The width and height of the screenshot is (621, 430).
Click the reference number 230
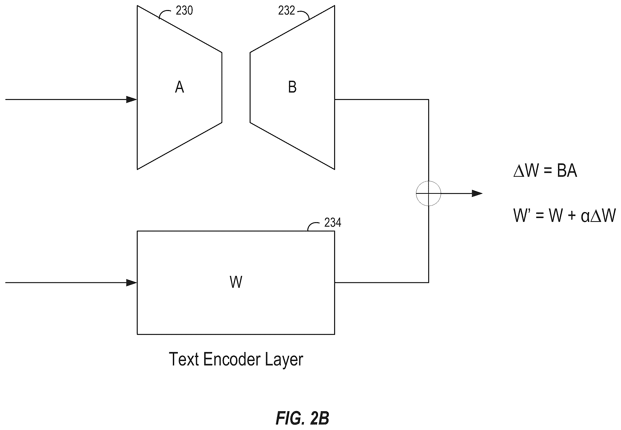click(x=184, y=11)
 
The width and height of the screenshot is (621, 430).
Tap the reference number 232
click(x=286, y=11)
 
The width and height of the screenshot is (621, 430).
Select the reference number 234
click(x=333, y=223)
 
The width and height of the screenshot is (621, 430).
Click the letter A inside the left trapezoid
click(x=180, y=87)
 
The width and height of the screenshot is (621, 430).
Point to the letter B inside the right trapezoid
click(x=292, y=87)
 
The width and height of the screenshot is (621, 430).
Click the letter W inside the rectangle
click(x=236, y=282)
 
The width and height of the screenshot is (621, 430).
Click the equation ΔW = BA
click(x=545, y=171)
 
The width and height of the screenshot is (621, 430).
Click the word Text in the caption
click(x=184, y=359)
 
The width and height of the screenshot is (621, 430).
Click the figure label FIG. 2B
click(x=302, y=418)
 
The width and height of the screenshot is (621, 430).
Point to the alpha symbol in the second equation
click(x=585, y=217)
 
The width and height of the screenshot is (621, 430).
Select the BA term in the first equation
click(x=567, y=171)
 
